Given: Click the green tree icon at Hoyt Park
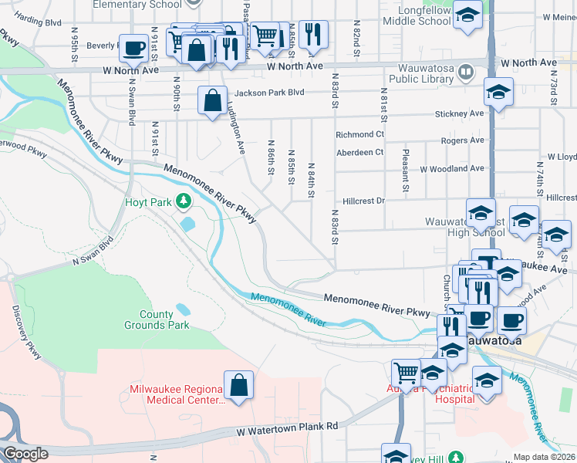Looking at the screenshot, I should click(x=183, y=202).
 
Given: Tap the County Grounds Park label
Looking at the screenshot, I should click(x=157, y=319).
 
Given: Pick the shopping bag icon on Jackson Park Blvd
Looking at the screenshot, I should click(x=212, y=100).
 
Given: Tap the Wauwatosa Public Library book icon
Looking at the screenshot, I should click(x=466, y=73).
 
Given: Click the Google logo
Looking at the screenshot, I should click(x=25, y=454).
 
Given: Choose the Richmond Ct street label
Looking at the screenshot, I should click(x=359, y=134).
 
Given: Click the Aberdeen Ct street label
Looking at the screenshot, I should click(x=359, y=152).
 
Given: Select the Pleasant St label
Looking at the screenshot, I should click(x=404, y=172).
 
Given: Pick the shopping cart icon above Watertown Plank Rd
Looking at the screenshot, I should click(x=405, y=373).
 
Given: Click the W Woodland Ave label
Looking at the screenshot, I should click(x=452, y=168).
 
